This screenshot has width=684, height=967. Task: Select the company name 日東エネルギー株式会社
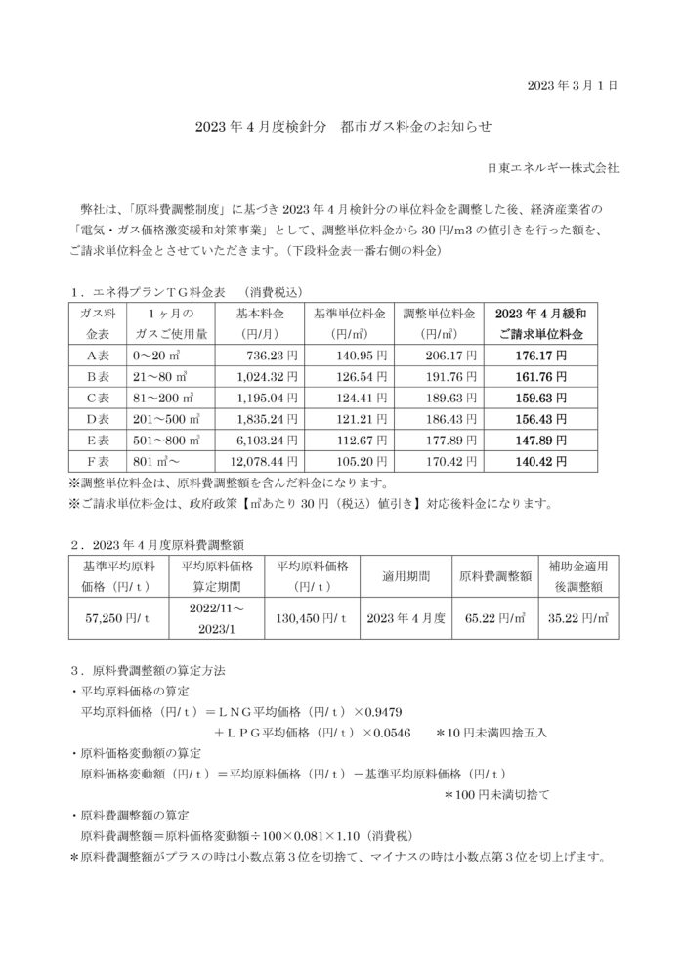coord(553,168)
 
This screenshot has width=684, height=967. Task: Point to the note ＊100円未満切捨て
coord(496,795)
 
